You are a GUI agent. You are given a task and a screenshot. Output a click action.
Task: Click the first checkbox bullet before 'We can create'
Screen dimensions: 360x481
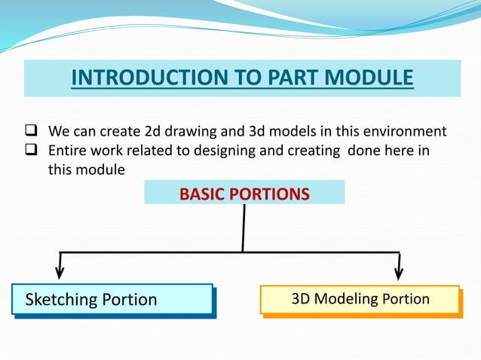34,133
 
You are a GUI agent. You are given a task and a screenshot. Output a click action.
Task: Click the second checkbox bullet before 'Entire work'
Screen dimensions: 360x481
34,151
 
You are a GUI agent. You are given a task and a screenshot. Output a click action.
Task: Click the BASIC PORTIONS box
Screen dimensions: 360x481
244,194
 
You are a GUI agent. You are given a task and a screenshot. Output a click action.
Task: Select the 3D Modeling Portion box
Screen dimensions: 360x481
360,299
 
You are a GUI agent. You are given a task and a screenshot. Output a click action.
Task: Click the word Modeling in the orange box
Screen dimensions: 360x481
345,299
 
